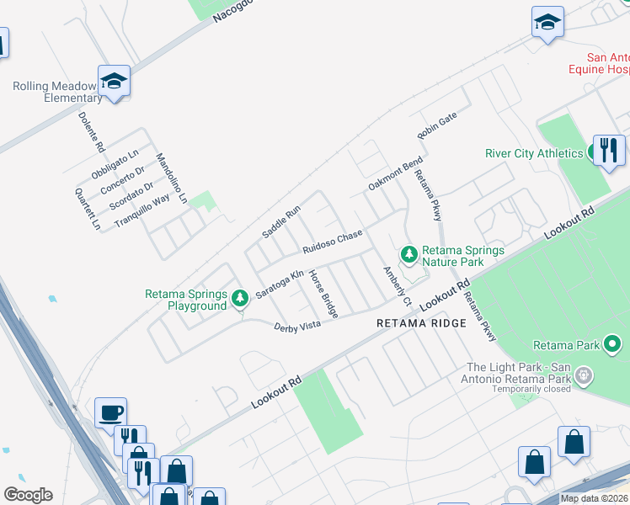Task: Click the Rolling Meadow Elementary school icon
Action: pos(114,82)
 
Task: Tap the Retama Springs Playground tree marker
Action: pos(240,297)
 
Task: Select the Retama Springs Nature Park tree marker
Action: pos(409,253)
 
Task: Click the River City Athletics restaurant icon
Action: pos(608,151)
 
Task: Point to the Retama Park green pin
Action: pos(612,344)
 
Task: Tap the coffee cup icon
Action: pos(110,412)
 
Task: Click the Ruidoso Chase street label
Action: pos(333,242)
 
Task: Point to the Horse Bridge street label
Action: pos(323,294)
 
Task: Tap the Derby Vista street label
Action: pos(297,326)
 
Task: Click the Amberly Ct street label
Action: pos(396,286)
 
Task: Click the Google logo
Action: pos(28,495)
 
